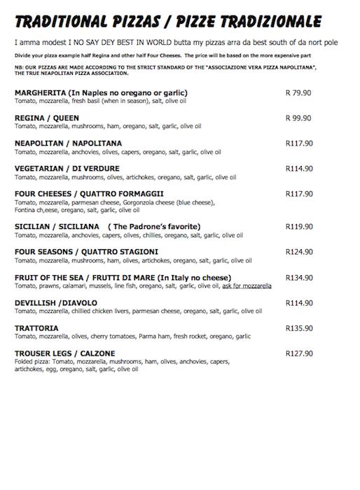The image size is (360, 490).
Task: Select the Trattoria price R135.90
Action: coord(299,328)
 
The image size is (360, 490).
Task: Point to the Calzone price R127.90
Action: coord(299,353)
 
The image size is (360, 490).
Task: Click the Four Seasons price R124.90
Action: coord(299,251)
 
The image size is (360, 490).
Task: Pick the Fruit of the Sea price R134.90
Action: coord(299,277)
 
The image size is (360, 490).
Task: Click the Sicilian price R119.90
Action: coord(299,226)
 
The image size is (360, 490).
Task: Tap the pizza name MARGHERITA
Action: coord(40,92)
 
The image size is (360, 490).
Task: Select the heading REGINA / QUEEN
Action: coord(47,118)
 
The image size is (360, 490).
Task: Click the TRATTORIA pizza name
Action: coord(36,328)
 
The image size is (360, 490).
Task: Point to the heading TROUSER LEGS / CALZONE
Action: coord(64,353)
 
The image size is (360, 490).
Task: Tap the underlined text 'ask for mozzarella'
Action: coord(247,286)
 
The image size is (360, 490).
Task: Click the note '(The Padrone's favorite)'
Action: coord(154,226)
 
